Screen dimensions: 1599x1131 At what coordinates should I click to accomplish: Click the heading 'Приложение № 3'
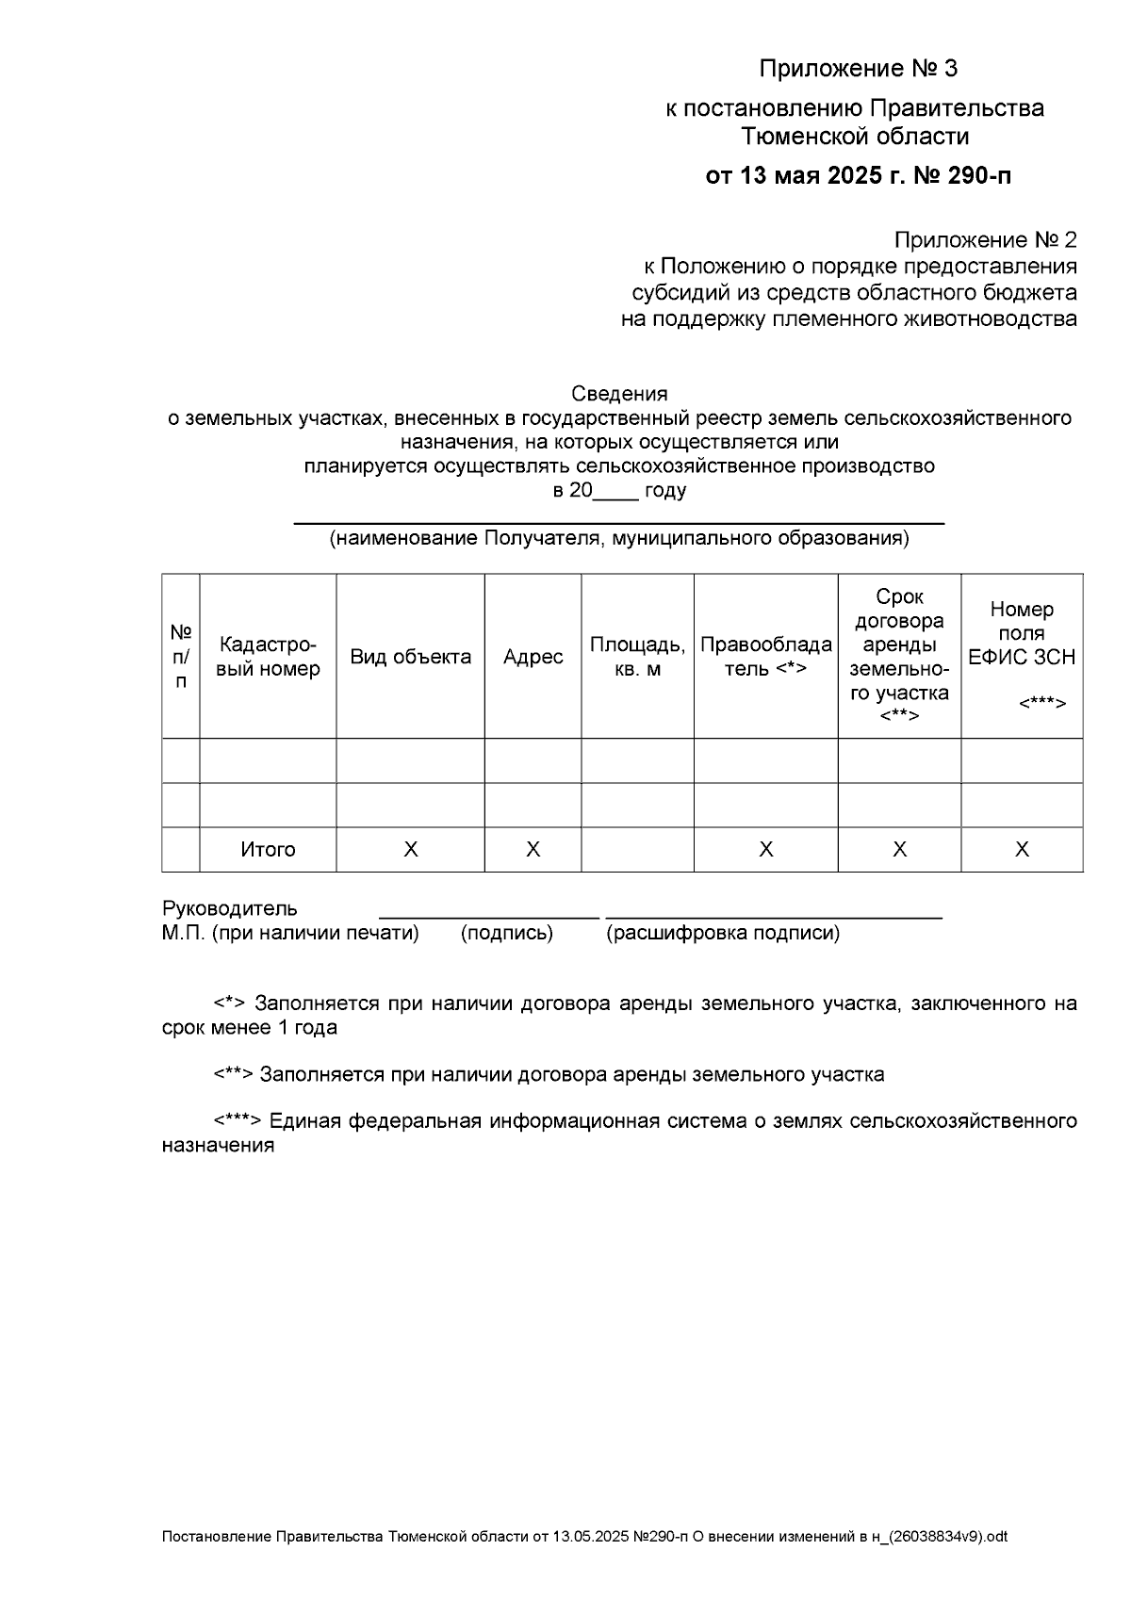pos(858,69)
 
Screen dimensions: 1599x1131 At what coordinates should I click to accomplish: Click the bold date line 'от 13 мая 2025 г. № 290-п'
pos(859,176)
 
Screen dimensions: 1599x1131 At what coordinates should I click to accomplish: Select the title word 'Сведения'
pos(619,394)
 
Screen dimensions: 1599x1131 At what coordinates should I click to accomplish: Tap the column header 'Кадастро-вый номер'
pos(268,657)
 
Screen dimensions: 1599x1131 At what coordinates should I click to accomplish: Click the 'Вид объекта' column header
pos(410,657)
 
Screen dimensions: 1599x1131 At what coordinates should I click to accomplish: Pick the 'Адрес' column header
pos(533,657)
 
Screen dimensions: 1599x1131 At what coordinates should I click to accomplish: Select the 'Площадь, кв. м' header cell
pos(637,657)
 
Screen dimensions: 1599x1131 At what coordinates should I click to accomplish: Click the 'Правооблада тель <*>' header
pos(765,657)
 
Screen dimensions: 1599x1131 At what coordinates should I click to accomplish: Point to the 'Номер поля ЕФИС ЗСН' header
pos(1022,633)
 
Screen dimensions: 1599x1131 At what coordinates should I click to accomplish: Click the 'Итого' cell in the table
pos(268,850)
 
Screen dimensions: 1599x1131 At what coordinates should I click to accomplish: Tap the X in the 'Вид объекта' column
pos(410,850)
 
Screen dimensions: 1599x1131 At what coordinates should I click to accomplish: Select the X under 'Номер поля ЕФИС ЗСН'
pos(1022,850)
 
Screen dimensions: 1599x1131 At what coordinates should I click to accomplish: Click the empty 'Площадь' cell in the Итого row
pos(637,850)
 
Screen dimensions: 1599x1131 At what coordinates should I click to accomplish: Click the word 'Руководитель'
pos(229,909)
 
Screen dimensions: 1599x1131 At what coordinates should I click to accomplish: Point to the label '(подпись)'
pos(506,934)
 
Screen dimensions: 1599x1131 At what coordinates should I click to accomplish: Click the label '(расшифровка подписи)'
pos(723,934)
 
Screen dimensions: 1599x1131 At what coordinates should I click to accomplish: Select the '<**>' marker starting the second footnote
pos(233,1075)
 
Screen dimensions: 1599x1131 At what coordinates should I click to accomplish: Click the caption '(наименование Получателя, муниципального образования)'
pos(619,539)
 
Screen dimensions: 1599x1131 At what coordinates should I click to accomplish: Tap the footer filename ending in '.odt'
pos(584,1537)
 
